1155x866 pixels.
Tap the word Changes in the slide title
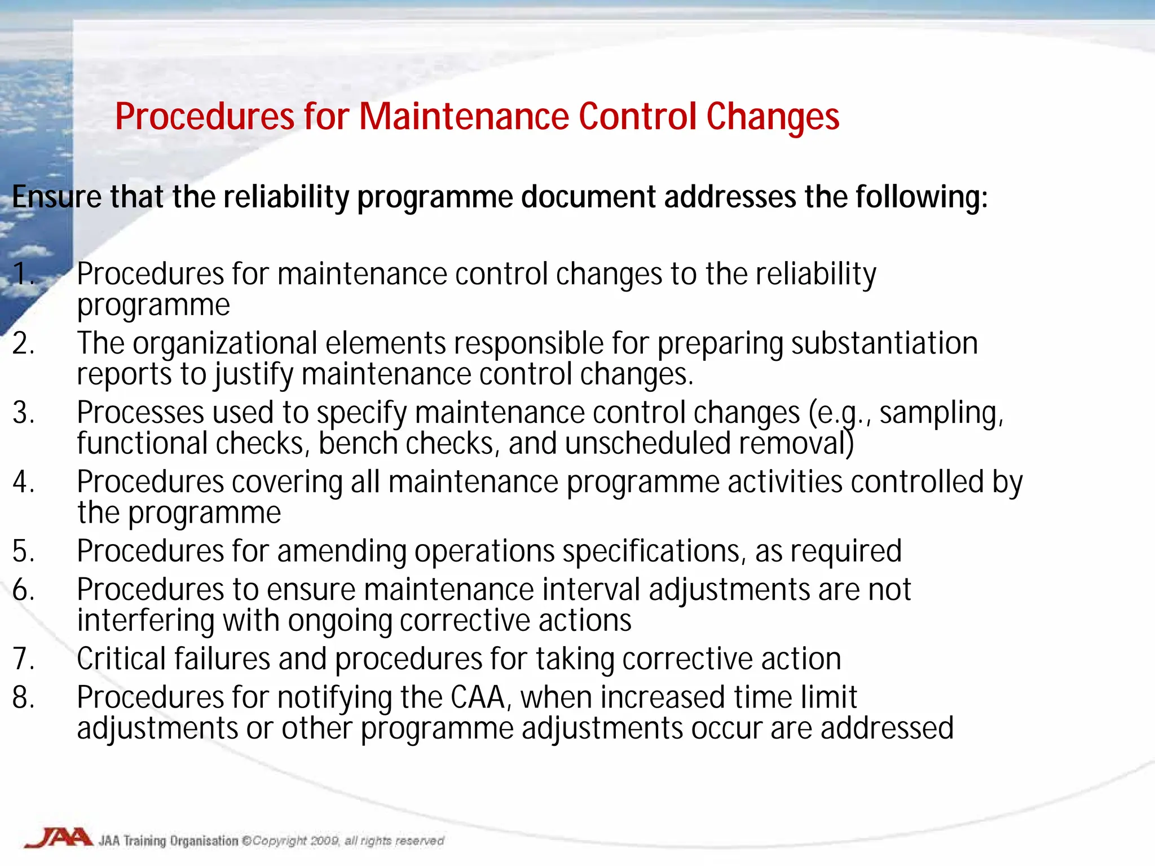(x=773, y=117)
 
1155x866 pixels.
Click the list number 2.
(x=23, y=343)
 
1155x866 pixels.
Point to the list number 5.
(x=23, y=551)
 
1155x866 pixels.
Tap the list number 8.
(x=23, y=697)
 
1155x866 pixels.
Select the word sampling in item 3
(x=941, y=413)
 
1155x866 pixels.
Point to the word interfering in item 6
(x=146, y=621)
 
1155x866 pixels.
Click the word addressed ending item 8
(x=887, y=728)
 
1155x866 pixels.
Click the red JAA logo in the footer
(x=59, y=838)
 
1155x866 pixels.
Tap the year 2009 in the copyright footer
(x=324, y=841)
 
